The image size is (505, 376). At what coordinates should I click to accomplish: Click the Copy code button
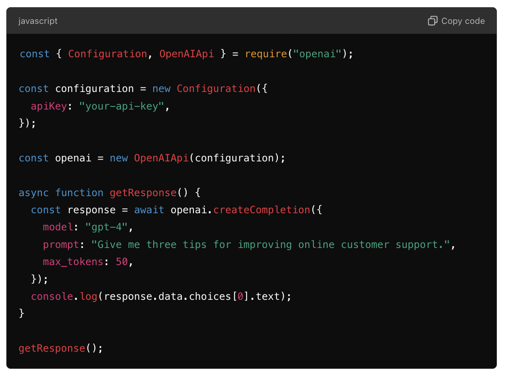point(456,21)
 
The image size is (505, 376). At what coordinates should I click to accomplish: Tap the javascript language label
point(38,21)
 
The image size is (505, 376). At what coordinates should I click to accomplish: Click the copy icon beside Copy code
point(432,21)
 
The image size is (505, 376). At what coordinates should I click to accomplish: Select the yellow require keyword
point(266,54)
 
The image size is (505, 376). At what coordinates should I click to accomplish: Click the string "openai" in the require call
point(317,54)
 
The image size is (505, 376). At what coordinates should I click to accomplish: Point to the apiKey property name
point(49,106)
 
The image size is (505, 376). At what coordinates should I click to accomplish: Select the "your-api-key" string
point(122,106)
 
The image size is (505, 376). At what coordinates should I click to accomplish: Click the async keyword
point(34,193)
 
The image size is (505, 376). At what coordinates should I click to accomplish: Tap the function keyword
point(79,193)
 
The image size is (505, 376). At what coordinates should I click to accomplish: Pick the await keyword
point(149,210)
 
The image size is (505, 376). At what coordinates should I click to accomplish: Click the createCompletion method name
point(262,210)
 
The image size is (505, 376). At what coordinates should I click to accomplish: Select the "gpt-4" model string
point(106,227)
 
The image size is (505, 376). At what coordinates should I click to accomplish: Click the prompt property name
point(61,245)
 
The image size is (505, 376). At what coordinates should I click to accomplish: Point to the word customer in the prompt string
point(365,245)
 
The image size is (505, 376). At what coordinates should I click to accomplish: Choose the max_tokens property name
point(73,262)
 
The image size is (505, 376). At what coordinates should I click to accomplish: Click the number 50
point(122,262)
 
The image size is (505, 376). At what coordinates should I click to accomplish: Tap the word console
point(52,296)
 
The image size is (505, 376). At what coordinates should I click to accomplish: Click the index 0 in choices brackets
point(240,296)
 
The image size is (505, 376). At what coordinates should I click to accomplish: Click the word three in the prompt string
point(161,245)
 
